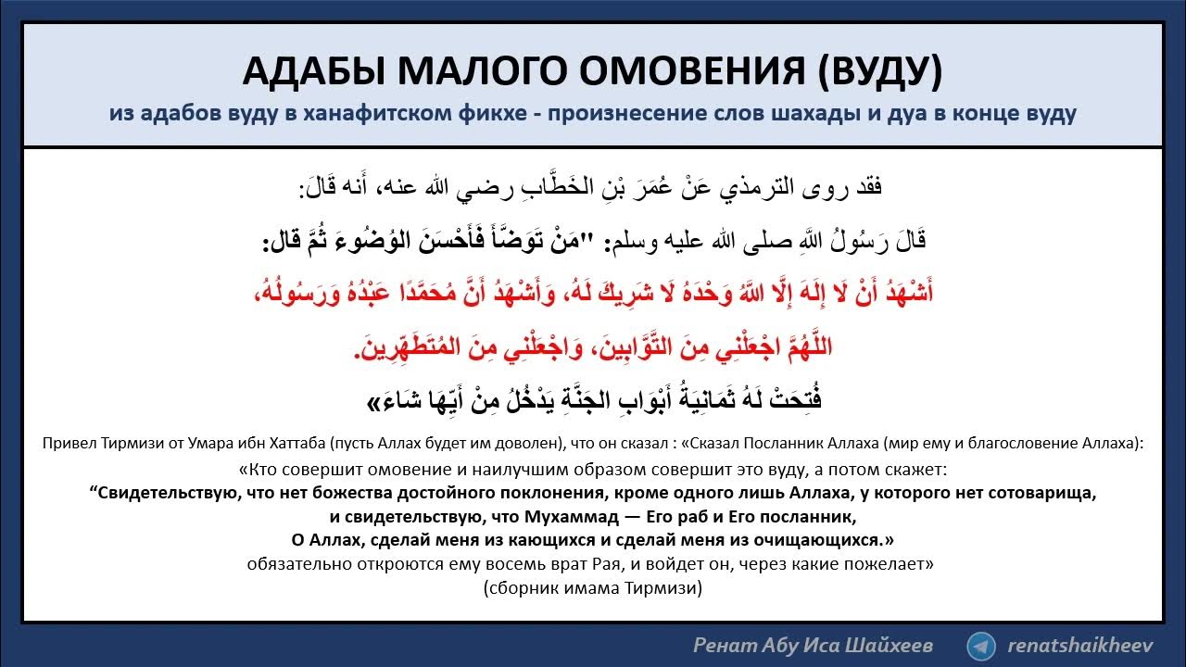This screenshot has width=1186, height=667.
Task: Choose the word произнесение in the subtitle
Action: coord(606,114)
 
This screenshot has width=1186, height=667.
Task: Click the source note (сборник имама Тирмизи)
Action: coord(593,587)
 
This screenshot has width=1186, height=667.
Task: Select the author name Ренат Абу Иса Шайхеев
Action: coord(813,646)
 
